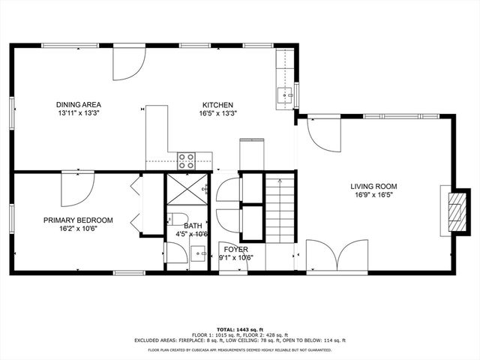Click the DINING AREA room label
click(x=78, y=104)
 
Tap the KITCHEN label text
click(x=217, y=105)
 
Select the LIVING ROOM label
click(x=373, y=187)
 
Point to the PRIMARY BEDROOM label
click(x=78, y=220)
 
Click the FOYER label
click(x=235, y=250)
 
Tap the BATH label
click(x=193, y=226)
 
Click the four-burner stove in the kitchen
click(x=186, y=159)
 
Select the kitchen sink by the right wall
click(x=285, y=95)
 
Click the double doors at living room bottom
click(x=337, y=256)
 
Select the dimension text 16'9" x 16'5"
click(x=373, y=196)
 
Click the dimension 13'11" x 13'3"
click(x=78, y=113)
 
